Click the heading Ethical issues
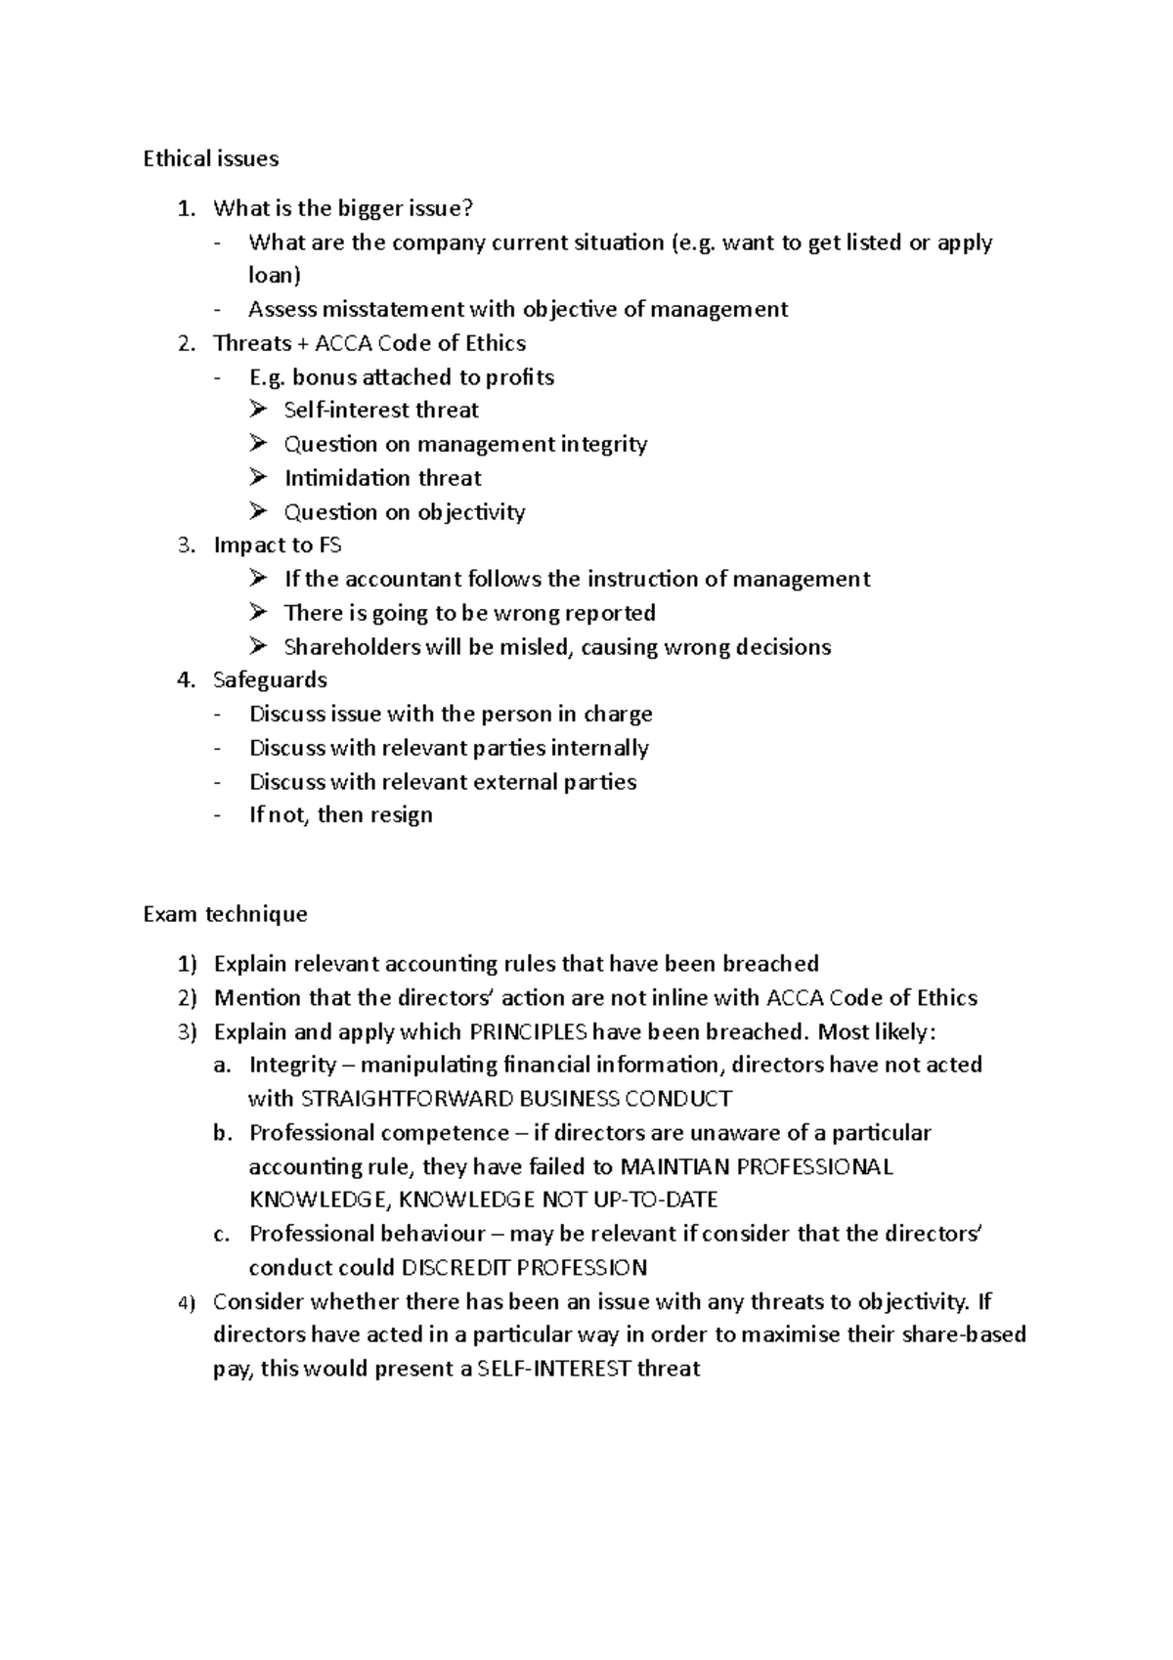[x=210, y=158]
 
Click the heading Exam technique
[x=225, y=914]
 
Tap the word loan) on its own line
[x=275, y=276]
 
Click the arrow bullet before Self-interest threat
[x=258, y=410]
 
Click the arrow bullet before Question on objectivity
[x=258, y=511]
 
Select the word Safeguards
[x=270, y=679]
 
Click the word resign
[x=401, y=815]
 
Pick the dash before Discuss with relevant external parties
[x=218, y=782]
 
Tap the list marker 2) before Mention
[x=187, y=998]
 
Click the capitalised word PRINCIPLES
[x=529, y=1032]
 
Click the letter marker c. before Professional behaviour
[x=222, y=1235]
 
